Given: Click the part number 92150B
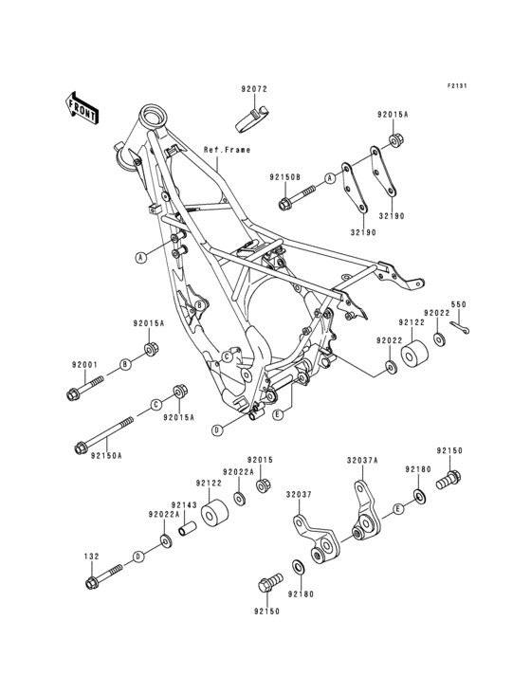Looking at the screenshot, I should tap(257, 177).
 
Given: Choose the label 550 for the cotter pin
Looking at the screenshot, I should tap(458, 305).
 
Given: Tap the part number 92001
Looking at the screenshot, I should tap(83, 364).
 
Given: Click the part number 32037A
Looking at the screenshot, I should tap(362, 461).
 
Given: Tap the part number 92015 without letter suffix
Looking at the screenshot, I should tap(261, 460).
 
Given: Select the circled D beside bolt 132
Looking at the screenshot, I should tap(138, 557).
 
